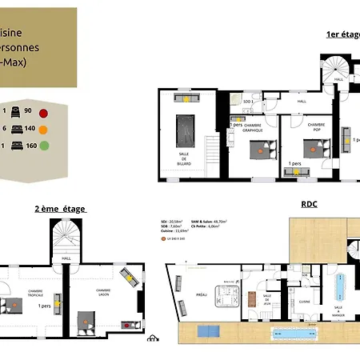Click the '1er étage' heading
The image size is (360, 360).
click(342, 34)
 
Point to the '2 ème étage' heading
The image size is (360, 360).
click(60, 208)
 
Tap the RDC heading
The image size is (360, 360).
click(310, 204)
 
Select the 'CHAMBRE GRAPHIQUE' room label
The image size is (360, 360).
click(253, 127)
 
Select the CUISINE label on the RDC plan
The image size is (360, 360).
click(304, 301)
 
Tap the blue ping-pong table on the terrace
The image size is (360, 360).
click(208, 330)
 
